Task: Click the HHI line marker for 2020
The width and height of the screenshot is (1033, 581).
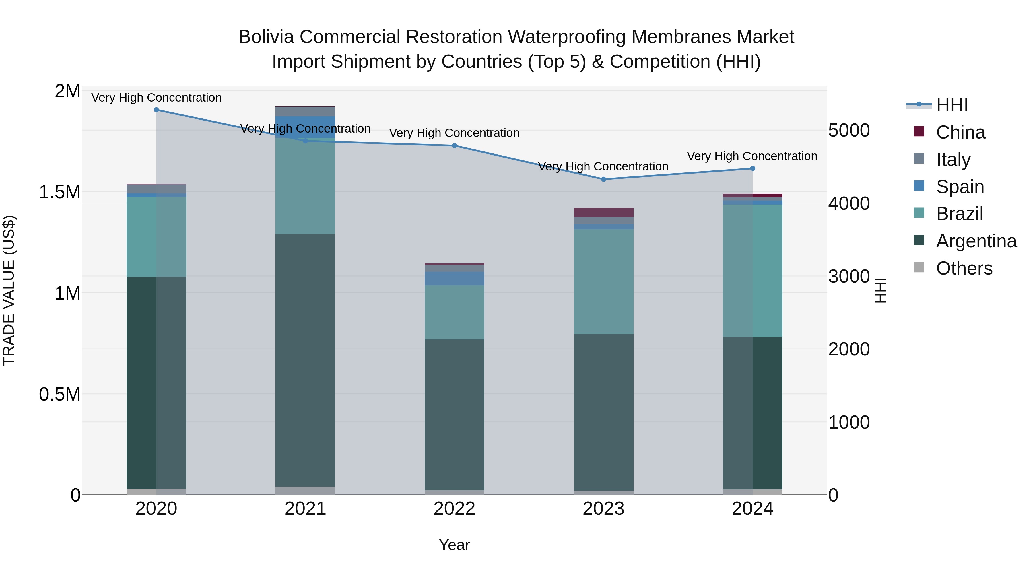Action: coord(156,110)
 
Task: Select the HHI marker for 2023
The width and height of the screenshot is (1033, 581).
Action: coord(603,179)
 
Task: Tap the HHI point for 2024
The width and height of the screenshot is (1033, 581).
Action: coord(752,169)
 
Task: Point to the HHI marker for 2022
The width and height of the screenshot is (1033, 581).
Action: coord(454,145)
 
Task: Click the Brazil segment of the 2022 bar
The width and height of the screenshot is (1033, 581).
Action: coord(454,312)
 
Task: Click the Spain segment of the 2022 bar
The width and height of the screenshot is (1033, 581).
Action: coord(454,279)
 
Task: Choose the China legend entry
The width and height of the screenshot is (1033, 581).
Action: coord(960,132)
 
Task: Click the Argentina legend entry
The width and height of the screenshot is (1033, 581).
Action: coord(976,241)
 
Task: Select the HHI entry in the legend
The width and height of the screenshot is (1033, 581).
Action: coord(952,105)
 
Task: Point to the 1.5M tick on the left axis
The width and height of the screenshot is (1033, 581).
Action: coord(59,192)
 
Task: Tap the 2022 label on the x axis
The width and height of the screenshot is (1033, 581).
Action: coord(454,509)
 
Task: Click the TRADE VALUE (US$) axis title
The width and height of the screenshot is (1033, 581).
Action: coord(9,290)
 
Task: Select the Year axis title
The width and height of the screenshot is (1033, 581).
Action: coord(454,545)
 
